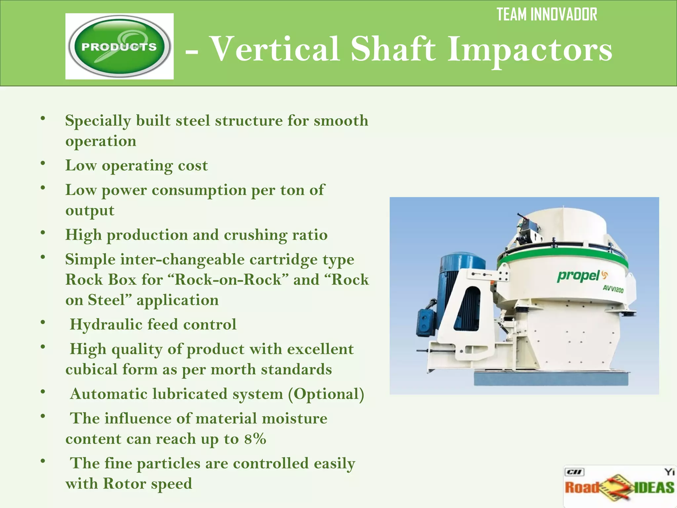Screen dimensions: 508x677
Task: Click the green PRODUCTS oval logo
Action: click(x=119, y=46)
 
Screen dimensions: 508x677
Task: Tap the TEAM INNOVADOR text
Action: click(x=547, y=15)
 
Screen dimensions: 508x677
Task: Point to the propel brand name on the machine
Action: click(x=578, y=276)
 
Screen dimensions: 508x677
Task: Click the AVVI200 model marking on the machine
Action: click(x=613, y=289)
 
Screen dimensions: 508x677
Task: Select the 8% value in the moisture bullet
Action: click(x=255, y=439)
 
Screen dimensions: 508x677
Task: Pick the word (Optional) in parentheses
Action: click(x=326, y=394)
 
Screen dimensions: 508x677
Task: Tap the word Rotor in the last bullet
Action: click(x=124, y=484)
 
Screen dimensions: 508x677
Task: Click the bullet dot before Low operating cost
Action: click(x=43, y=164)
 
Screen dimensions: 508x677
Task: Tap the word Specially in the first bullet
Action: click(x=98, y=121)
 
